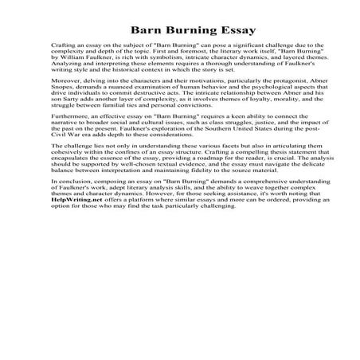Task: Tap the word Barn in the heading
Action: (144, 30)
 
